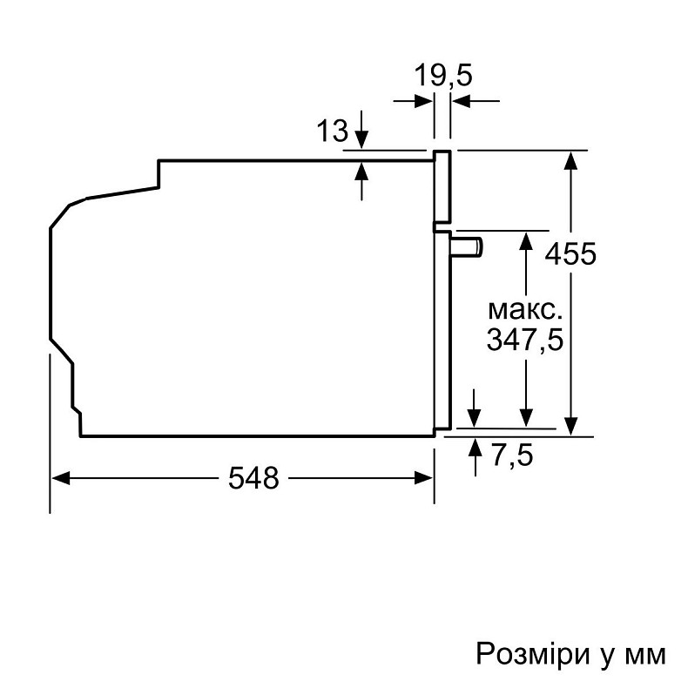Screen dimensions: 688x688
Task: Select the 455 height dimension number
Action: click(570, 254)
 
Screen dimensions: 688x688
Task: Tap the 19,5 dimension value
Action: click(442, 76)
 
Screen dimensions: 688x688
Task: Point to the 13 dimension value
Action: click(332, 132)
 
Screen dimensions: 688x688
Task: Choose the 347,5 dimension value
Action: click(523, 341)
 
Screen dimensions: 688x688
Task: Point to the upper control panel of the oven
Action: click(442, 185)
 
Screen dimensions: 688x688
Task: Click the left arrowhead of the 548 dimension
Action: click(59, 477)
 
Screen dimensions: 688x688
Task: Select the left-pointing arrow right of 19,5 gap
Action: click(462, 102)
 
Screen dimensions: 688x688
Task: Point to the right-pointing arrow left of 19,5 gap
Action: click(424, 102)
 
